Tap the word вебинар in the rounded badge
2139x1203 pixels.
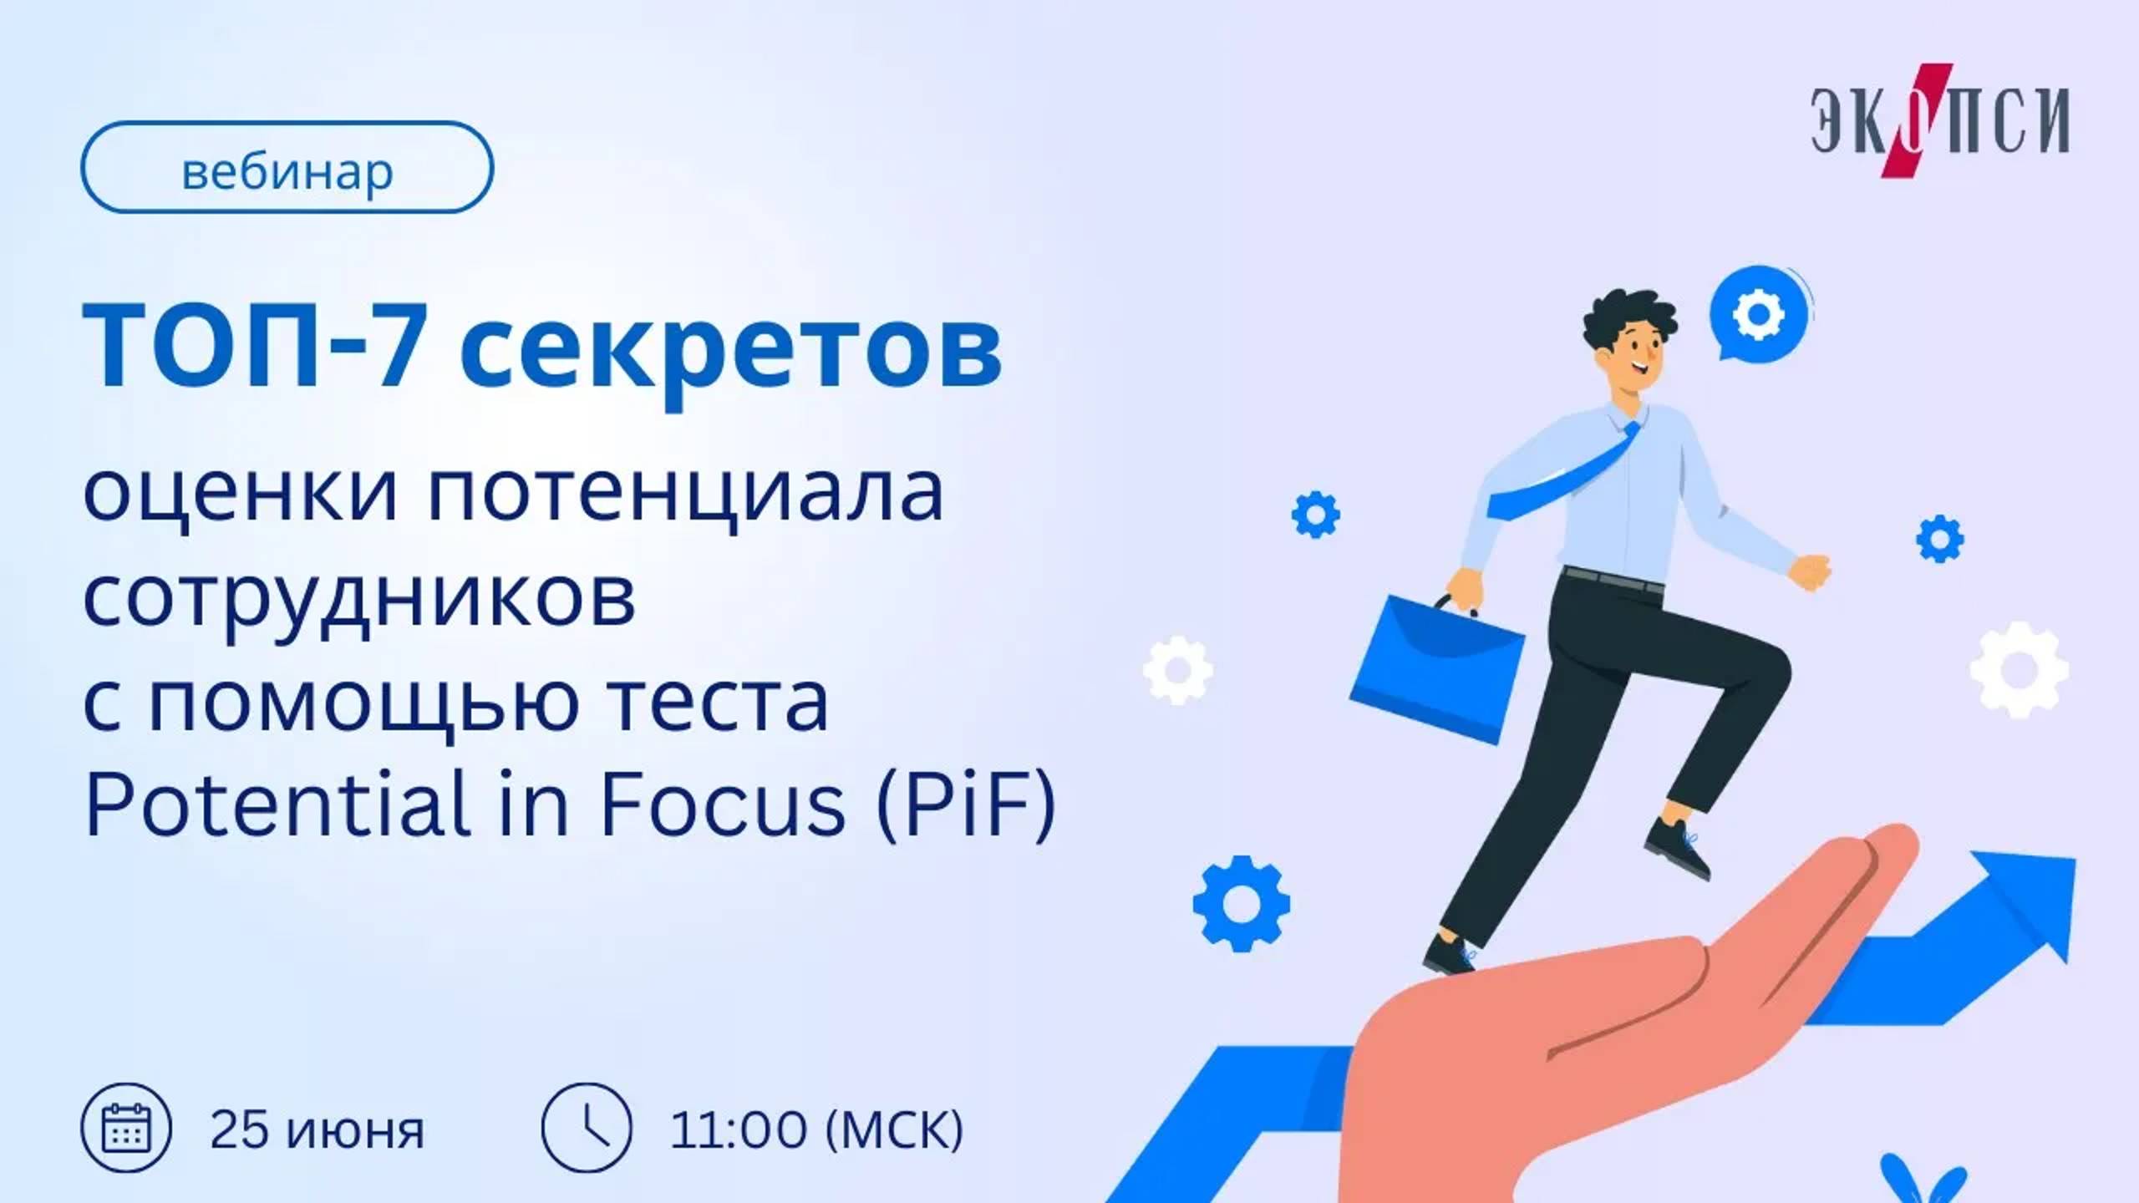287,171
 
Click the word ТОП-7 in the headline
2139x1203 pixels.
251,346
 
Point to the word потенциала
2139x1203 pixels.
685,495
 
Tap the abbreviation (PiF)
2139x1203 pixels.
966,805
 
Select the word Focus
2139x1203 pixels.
723,805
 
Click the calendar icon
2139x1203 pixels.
126,1128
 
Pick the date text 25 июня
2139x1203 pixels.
317,1129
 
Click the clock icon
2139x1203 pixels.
587,1128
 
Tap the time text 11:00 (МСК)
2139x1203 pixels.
816,1129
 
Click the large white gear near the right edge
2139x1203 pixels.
2019,670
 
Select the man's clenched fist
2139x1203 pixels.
1811,573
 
